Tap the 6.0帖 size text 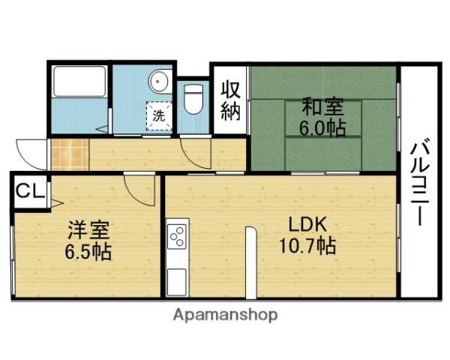[x=323, y=127]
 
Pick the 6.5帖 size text [x=86, y=250]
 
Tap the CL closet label [x=30, y=190]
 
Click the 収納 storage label [x=229, y=100]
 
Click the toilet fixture [x=194, y=99]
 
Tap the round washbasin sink [x=159, y=81]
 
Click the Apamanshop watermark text [x=225, y=314]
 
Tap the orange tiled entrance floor [x=69, y=154]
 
